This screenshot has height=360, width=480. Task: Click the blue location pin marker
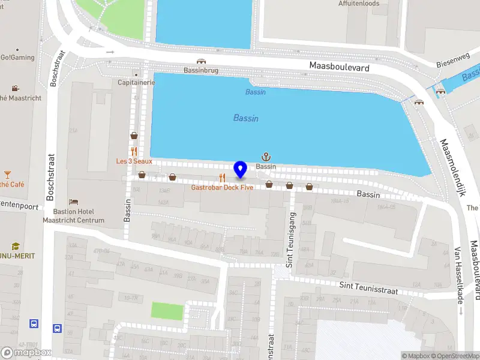(x=241, y=170)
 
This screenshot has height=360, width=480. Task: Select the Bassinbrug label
(x=200, y=70)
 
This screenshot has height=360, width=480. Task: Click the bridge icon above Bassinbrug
(x=201, y=61)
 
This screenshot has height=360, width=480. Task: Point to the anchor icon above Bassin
(x=266, y=157)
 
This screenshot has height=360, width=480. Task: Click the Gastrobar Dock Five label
(x=222, y=188)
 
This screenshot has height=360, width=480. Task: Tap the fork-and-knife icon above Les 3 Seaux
(x=134, y=152)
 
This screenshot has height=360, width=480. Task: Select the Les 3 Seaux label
(x=134, y=161)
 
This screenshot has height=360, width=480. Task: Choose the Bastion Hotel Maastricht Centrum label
(x=73, y=216)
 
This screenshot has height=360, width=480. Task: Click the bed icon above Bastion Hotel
(x=73, y=202)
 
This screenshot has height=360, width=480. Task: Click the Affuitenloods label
(x=358, y=4)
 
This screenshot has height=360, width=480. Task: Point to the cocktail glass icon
(x=7, y=175)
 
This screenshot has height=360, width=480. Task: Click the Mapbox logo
(x=26, y=352)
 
